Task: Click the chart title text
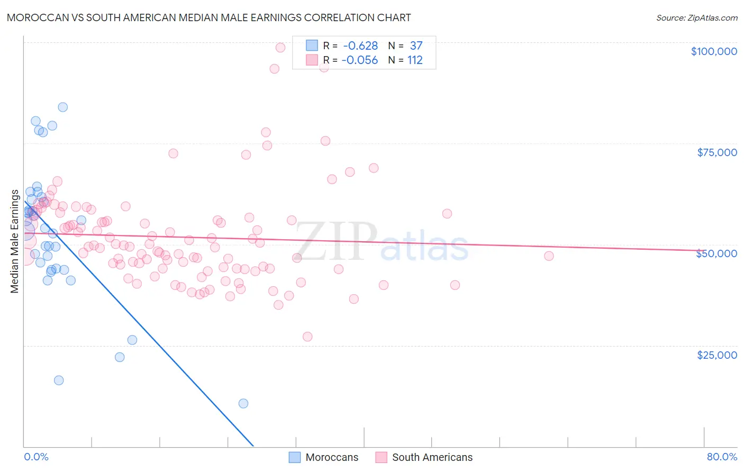[x=208, y=17]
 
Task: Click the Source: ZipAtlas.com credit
[x=696, y=17]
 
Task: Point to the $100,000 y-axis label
[x=713, y=51]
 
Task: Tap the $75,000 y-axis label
[x=716, y=152]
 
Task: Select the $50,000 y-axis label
[x=716, y=253]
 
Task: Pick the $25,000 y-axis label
[x=716, y=355]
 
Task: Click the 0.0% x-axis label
[x=36, y=457]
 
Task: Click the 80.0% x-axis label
[x=722, y=457]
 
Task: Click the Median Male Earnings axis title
[x=15, y=241]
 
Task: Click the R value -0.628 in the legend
[x=360, y=46]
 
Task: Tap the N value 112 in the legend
[x=415, y=60]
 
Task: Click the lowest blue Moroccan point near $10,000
[x=243, y=403]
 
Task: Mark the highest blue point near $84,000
[x=63, y=107]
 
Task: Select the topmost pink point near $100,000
[x=280, y=48]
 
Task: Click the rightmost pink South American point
[x=549, y=256]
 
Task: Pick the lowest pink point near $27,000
[x=307, y=337]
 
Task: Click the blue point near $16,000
[x=59, y=380]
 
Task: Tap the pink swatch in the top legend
[x=312, y=60]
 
